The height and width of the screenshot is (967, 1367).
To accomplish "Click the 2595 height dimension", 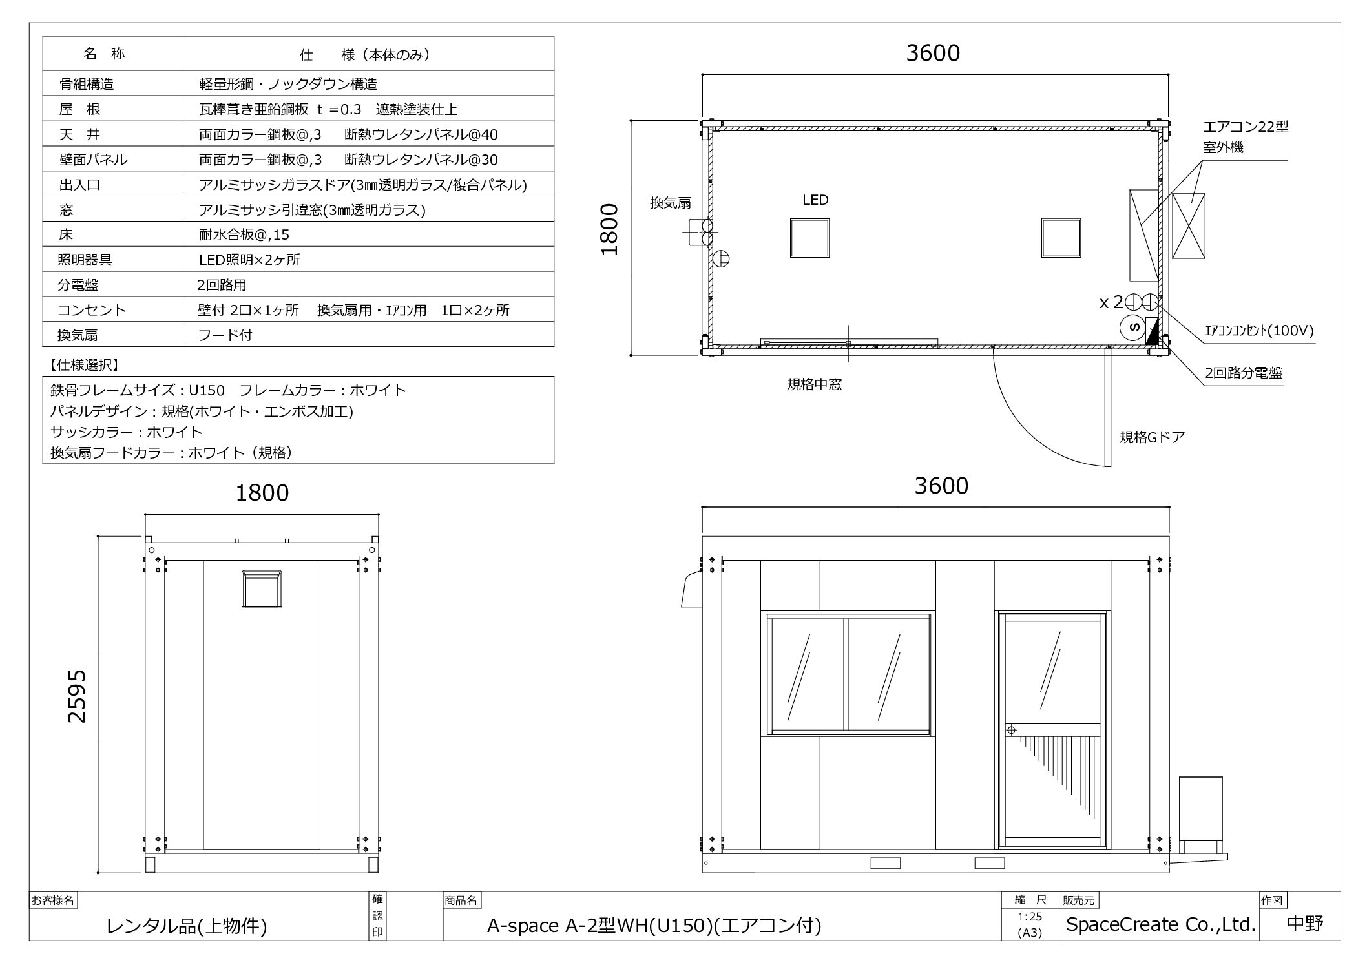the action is click(x=77, y=696).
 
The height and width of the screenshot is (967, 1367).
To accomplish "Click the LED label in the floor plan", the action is click(x=815, y=200).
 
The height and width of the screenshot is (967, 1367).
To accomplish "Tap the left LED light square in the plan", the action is click(x=809, y=238).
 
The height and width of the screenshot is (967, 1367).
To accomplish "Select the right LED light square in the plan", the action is click(x=1061, y=238).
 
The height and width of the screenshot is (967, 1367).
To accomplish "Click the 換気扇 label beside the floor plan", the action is click(x=671, y=203).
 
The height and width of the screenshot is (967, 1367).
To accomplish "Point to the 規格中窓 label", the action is click(x=814, y=384).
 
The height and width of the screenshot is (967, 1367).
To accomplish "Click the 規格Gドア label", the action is click(x=1152, y=437).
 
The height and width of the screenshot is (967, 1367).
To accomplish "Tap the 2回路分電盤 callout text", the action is click(x=1244, y=373).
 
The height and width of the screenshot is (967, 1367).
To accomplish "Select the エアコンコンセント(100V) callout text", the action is click(x=1259, y=331).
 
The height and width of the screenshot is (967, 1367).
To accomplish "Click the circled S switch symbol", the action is click(x=1134, y=327).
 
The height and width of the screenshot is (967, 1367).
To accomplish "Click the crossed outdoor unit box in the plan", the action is click(x=1189, y=226).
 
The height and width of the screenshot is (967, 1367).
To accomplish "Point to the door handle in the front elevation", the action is click(x=1012, y=730).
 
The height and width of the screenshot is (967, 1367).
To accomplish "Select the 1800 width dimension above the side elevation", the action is click(x=262, y=493).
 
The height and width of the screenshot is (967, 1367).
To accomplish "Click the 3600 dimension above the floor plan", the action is click(x=933, y=53).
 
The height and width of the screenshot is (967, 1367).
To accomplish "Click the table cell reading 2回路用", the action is click(x=222, y=285).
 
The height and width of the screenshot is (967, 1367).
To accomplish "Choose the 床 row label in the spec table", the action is click(x=66, y=234).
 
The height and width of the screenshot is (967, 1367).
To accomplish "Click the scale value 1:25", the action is click(x=1030, y=917).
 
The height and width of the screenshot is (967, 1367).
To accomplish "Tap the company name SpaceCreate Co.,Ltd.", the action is click(x=1160, y=924).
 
